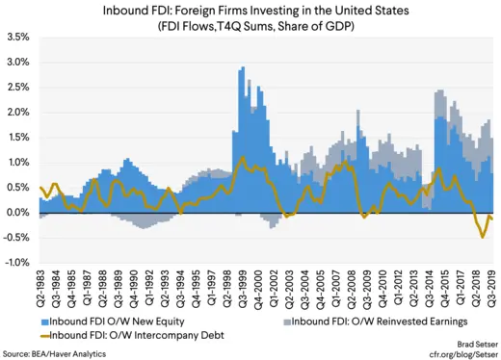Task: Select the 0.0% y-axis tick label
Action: click(19, 212)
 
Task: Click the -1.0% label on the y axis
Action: click(18, 262)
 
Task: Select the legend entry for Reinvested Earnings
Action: click(372, 321)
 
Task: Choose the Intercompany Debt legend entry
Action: click(116, 334)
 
